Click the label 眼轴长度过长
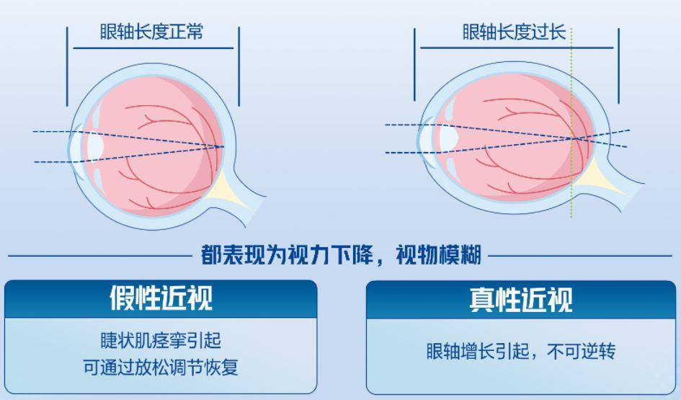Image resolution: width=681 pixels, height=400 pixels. point(514,32)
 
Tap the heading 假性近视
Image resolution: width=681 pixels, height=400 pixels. point(161,298)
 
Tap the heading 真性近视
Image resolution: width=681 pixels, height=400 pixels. point(521,298)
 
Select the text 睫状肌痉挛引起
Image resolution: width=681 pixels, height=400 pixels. point(161,340)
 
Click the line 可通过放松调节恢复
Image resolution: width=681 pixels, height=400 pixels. point(161,368)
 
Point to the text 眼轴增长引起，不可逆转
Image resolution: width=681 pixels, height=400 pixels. point(521,352)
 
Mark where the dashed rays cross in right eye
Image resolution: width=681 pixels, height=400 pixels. point(571,138)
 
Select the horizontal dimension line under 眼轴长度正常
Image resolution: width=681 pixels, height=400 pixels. point(153,48)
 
